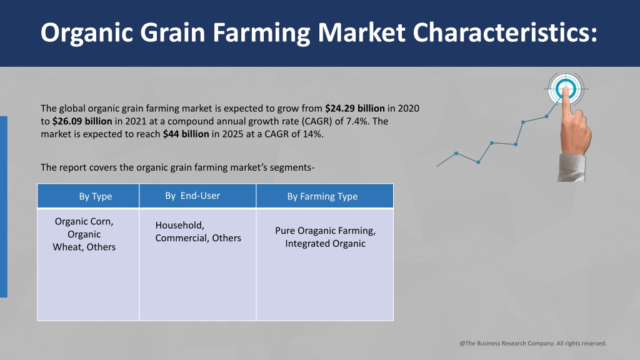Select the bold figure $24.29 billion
pyautogui.click(x=355, y=109)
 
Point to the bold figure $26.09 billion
pyautogui.click(x=82, y=121)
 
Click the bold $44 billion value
pyautogui.click(x=186, y=134)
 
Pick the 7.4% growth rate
pyautogui.click(x=358, y=121)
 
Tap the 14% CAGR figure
pyautogui.click(x=312, y=134)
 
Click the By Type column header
pyautogui.click(x=96, y=196)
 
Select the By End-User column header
pyautogui.click(x=192, y=196)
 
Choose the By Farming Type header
pyautogui.click(x=322, y=196)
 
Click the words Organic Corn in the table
pyautogui.click(x=84, y=222)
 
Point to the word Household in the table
pyautogui.click(x=179, y=225)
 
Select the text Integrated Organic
pyautogui.click(x=325, y=243)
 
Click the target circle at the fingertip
pyautogui.click(x=566, y=89)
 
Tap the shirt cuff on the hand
pyautogui.click(x=571, y=167)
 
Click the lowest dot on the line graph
pyautogui.click(x=478, y=162)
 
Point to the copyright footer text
pyautogui.click(x=533, y=343)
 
